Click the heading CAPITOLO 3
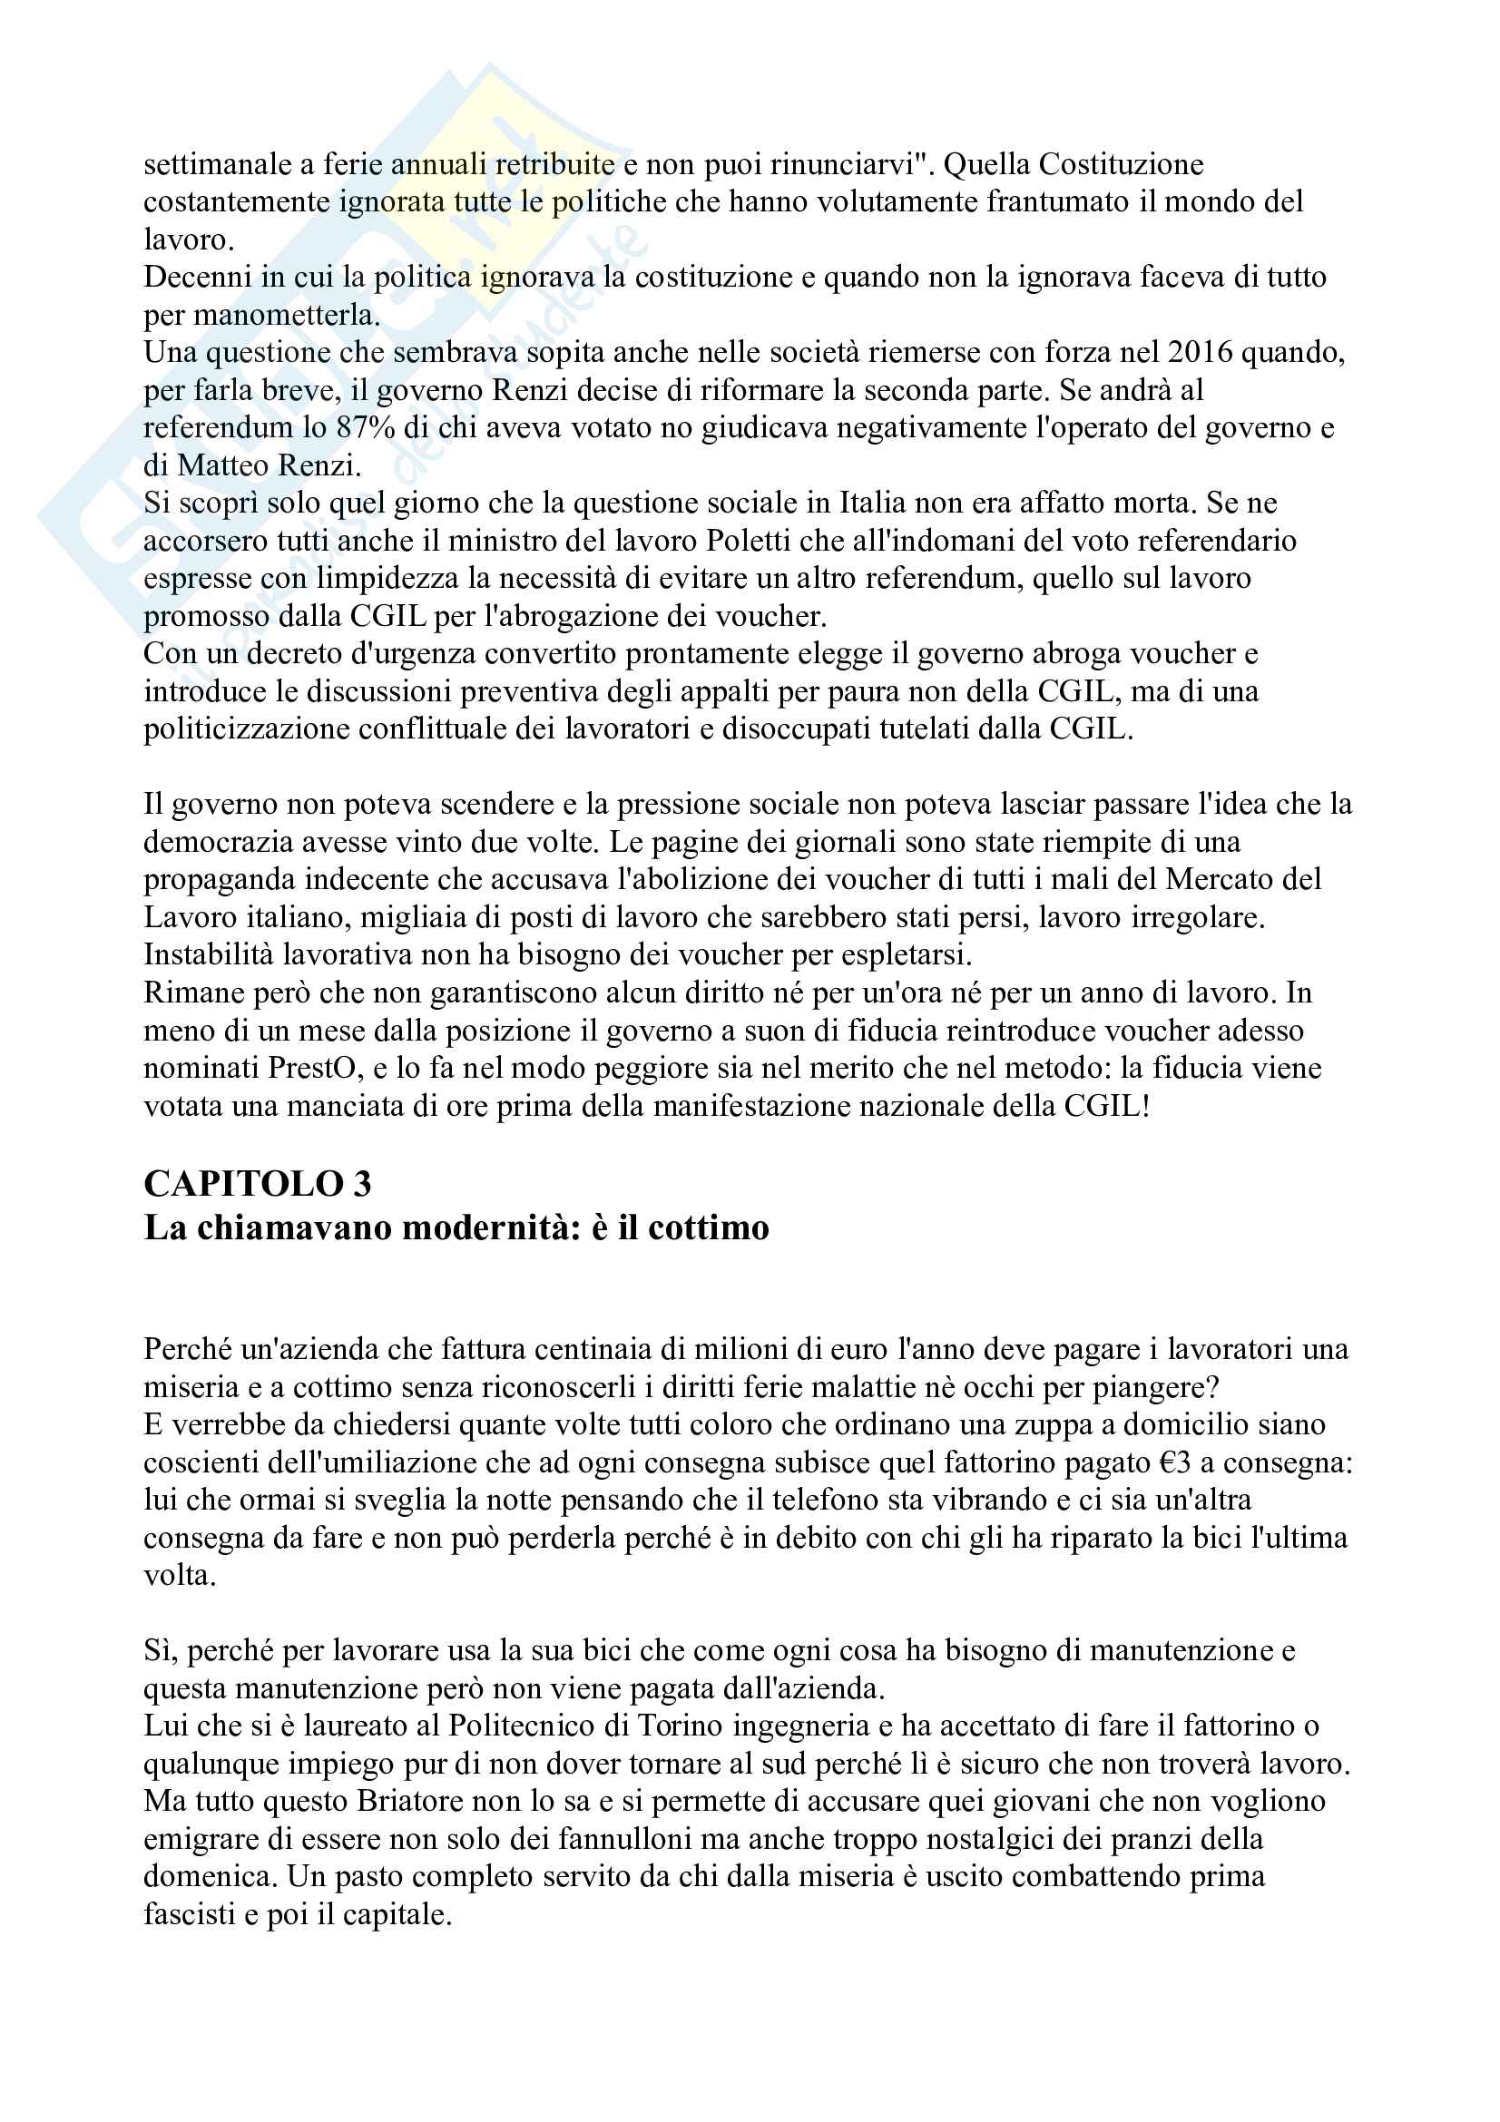click(257, 1184)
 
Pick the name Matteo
click(220, 464)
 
